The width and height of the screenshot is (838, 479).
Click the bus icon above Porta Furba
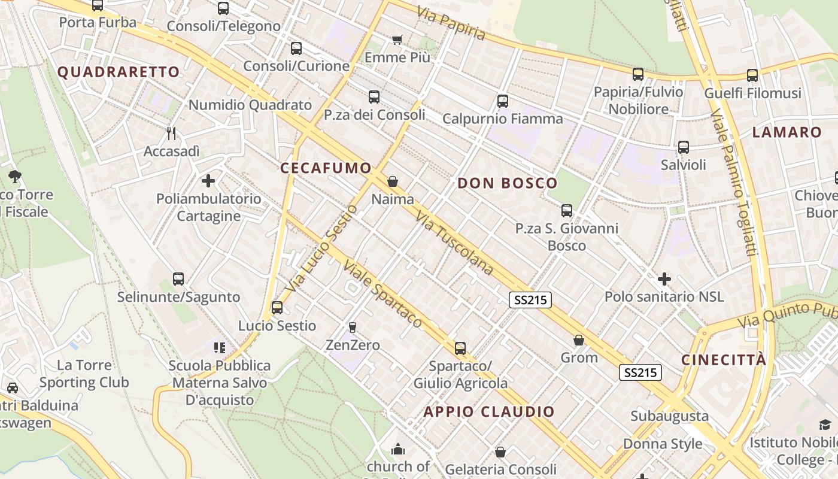[98, 5]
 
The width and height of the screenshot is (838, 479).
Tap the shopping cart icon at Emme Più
[397, 40]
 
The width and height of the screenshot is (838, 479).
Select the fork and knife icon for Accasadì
[171, 133]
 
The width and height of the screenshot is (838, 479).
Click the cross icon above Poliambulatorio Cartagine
[208, 180]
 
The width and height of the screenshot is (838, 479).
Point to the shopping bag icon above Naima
[393, 181]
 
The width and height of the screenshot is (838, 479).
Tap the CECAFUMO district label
[326, 168]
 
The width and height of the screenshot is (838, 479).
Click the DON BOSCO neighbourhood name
[507, 183]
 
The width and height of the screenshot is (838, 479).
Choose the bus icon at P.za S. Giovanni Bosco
[566, 211]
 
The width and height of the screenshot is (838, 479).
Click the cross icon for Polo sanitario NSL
[664, 279]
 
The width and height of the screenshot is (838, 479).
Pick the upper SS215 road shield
[530, 300]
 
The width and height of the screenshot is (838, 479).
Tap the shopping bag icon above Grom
[579, 341]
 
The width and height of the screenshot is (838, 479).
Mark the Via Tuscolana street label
[455, 243]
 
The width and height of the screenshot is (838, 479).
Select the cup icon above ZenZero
[352, 327]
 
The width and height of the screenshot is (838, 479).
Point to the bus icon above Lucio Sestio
[277, 308]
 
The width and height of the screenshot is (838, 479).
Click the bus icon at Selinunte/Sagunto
[178, 279]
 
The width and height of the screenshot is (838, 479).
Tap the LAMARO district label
[787, 132]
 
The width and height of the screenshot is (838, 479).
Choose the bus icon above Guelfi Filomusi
[752, 75]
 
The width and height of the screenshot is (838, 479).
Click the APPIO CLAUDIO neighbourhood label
[489, 411]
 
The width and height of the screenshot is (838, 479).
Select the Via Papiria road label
[451, 24]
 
